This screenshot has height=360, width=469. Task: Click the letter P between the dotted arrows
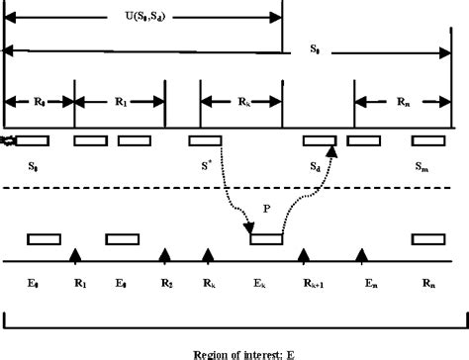(x=266, y=209)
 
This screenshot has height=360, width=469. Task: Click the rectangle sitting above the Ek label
(x=266, y=238)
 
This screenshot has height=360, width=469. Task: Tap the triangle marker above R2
(x=165, y=256)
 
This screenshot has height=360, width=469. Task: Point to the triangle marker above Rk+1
(x=305, y=256)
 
